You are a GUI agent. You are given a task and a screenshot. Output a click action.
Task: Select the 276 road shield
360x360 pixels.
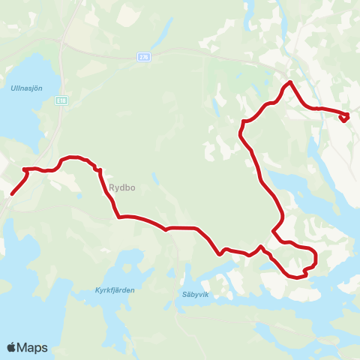pos(144,56)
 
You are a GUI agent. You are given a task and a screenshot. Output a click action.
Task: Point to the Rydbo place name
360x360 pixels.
pos(121,188)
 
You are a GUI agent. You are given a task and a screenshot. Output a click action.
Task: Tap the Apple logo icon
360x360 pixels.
pos(12,347)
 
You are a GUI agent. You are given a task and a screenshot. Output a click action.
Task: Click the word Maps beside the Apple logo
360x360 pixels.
pos(33,347)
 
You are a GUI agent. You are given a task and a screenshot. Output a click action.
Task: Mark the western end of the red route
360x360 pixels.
pos(12,194)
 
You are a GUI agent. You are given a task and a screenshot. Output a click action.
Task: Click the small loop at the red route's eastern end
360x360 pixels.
pos(345,117)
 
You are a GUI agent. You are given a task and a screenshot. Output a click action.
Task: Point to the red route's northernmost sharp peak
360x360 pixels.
pos(289,82)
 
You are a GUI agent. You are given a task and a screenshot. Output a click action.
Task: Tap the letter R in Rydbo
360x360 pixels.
pos(111,188)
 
